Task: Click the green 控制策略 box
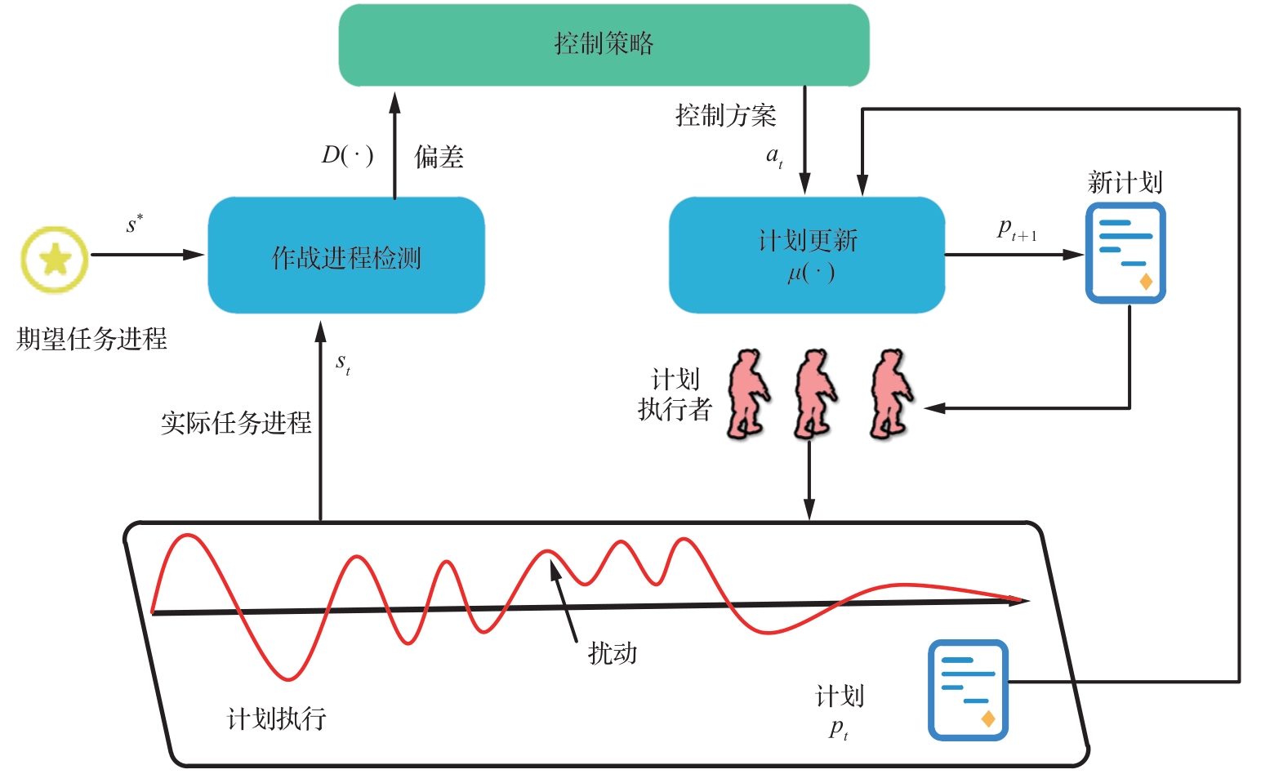[x=604, y=45]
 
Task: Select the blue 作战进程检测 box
[x=346, y=256]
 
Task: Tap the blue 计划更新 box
[x=807, y=255]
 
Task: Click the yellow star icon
[x=55, y=260]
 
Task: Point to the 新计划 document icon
[x=1125, y=253]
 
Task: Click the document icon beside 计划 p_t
[x=968, y=690]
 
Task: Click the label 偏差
[x=439, y=157]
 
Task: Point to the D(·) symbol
[x=347, y=155]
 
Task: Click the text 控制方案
[x=725, y=116]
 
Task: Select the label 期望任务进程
[x=91, y=339]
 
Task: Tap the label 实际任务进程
[x=236, y=423]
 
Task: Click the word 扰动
[x=613, y=653]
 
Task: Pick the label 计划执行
[x=276, y=718]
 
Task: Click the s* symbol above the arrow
[x=135, y=224]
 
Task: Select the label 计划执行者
[x=675, y=394]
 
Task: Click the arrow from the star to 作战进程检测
[x=147, y=255]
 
